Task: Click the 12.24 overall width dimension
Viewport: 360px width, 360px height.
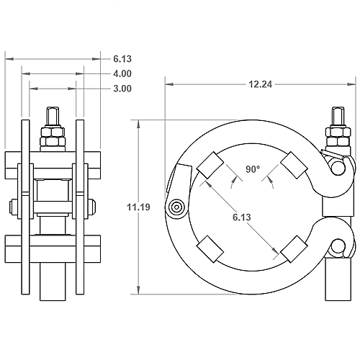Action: (260, 84)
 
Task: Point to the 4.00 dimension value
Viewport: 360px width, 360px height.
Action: (122, 73)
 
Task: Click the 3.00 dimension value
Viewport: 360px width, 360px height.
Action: (122, 89)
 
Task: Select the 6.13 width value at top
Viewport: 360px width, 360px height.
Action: (122, 58)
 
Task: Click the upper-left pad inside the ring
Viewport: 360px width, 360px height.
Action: (211, 166)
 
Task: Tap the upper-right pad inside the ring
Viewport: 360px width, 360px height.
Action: (294, 166)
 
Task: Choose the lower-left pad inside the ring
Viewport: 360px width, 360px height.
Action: (211, 249)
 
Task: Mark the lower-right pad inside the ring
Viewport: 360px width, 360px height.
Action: (294, 249)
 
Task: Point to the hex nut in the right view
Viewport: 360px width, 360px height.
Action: (337, 133)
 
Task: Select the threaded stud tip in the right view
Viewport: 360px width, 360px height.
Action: (337, 116)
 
